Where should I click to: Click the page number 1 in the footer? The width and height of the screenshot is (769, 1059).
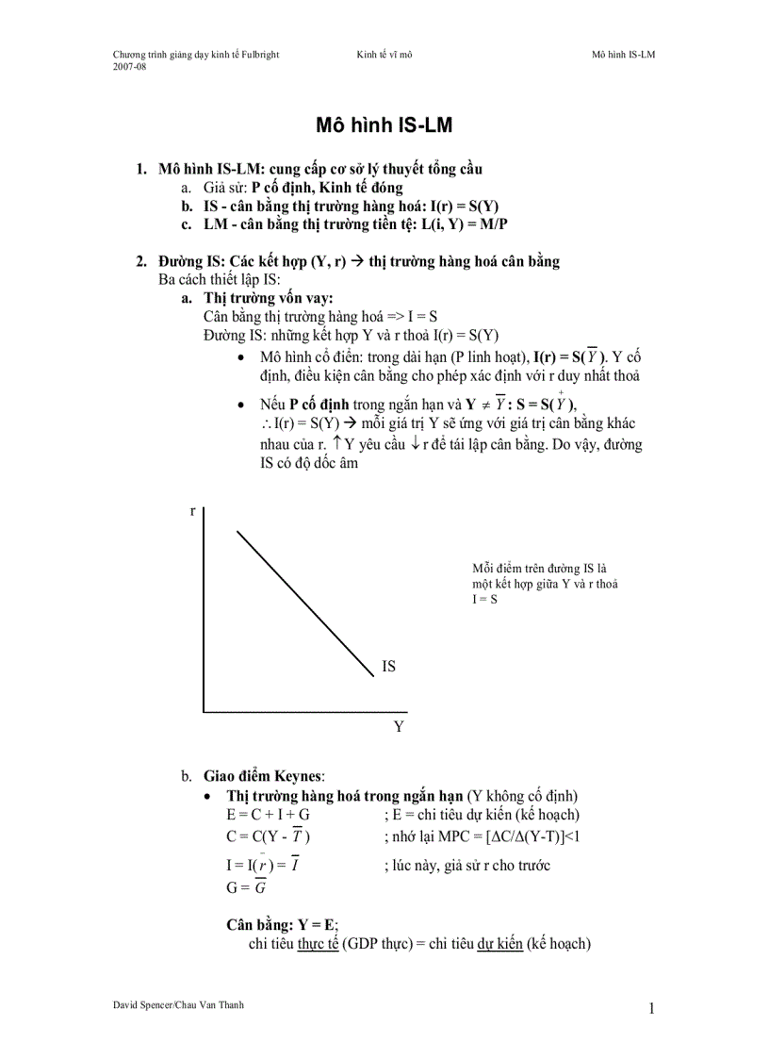651,1009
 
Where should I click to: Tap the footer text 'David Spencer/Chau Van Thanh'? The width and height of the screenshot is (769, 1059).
178,1005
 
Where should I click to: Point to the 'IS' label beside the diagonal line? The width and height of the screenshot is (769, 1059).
388,667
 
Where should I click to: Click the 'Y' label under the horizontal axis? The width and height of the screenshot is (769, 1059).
399,726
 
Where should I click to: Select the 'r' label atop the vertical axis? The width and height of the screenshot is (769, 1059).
192,510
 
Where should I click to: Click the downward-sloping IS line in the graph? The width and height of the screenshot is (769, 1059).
304,603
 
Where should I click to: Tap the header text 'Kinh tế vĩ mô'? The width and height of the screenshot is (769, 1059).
384,55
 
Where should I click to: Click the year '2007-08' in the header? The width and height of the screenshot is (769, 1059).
129,67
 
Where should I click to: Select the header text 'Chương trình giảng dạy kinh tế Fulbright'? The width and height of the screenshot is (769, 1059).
196,55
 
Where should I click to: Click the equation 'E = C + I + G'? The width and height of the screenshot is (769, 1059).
268,815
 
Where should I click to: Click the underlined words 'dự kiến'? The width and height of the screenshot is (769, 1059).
499,944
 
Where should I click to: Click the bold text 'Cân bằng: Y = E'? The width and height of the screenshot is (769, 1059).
282,925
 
